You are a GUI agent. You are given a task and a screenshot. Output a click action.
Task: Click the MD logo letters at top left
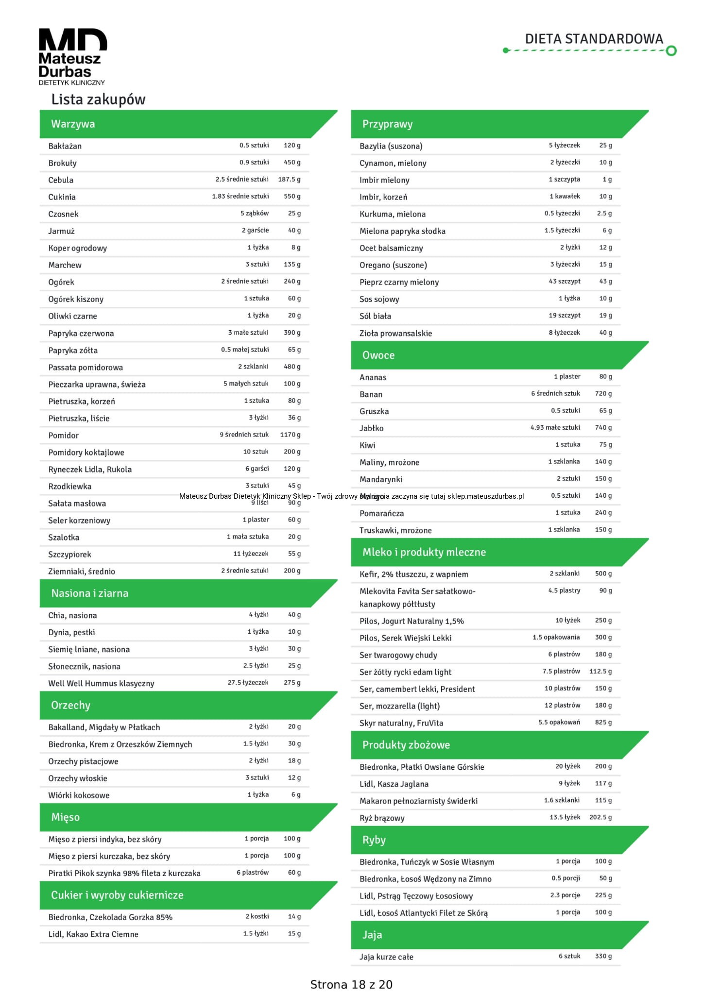coord(72,40)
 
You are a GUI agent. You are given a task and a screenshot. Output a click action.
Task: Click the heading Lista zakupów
coord(98,100)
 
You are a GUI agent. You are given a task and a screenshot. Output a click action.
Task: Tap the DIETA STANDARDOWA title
coord(594,39)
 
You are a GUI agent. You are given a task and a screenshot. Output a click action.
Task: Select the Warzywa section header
coord(73,124)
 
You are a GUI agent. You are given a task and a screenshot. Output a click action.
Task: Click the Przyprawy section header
coord(387,124)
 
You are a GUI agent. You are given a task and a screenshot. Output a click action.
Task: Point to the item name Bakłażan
coord(65,146)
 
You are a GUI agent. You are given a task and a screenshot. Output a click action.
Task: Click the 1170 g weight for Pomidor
coord(290,435)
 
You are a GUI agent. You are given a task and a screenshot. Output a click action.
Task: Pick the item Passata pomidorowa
coord(86,368)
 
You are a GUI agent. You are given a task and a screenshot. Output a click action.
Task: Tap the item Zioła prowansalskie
coord(395,333)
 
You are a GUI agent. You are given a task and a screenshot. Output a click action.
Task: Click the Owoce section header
coord(378,355)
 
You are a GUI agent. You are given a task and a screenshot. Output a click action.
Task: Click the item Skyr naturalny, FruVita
coord(401,723)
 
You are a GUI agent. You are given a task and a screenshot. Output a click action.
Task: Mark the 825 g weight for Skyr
coord(603,723)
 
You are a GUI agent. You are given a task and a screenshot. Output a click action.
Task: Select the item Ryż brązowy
coord(382,818)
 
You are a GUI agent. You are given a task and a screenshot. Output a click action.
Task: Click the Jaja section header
coord(372,935)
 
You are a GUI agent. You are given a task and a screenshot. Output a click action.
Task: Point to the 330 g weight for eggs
coord(603,956)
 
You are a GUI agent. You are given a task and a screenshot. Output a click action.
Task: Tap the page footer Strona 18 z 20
coord(351,984)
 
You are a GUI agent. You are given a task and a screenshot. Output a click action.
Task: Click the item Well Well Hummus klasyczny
coord(101,683)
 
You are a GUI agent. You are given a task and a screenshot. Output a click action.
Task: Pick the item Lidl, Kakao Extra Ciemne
coord(93,934)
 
